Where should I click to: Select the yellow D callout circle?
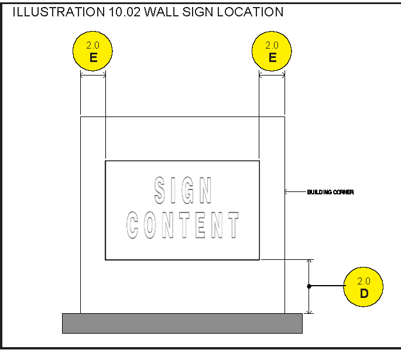coord(364,287)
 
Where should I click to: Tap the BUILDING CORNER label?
coord(330,192)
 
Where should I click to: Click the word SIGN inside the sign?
coord(183,191)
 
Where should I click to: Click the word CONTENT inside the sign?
coord(183,225)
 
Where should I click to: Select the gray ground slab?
coord(182,323)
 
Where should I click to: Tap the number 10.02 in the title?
coord(125,12)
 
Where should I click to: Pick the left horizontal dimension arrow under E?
coord(92,76)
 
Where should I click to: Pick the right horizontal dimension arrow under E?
coord(272,76)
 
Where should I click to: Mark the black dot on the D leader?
coord(309,286)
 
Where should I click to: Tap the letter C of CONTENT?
coord(133,225)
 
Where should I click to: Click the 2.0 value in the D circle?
coord(364,281)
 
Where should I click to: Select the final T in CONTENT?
coord(234,225)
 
